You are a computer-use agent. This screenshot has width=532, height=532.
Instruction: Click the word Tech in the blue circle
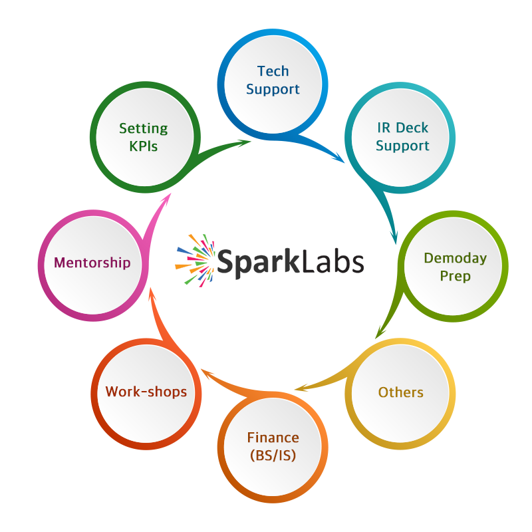(273, 71)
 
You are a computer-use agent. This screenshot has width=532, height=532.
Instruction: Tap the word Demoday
(456, 258)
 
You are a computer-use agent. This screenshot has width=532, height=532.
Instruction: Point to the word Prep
(456, 275)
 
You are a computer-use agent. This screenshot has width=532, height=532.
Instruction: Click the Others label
(401, 392)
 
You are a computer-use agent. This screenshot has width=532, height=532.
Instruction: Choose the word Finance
(273, 438)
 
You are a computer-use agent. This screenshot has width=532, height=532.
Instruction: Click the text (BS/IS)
(273, 456)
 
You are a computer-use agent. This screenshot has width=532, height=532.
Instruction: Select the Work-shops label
(146, 392)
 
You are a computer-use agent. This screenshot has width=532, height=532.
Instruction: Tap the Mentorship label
(92, 263)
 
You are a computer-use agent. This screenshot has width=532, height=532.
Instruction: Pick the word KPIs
(144, 146)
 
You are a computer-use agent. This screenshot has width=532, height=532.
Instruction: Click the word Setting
(144, 128)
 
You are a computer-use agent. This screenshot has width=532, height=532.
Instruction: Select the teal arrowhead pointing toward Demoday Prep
(394, 237)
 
